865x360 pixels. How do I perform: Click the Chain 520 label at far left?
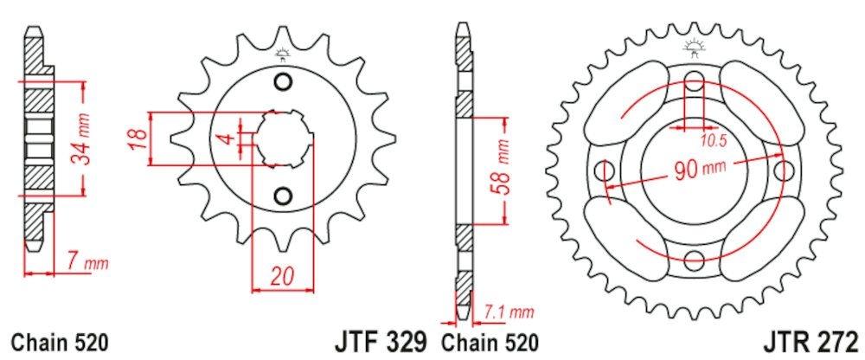click(x=60, y=341)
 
